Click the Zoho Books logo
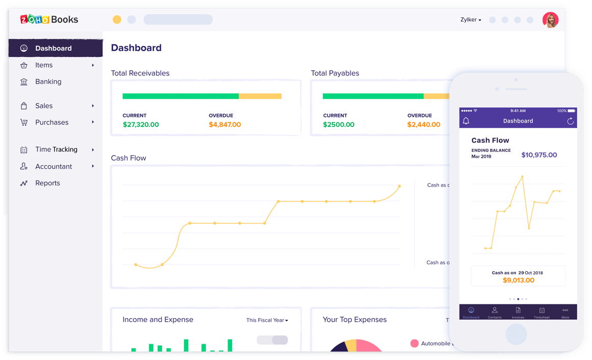pos(49,19)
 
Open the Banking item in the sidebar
pos(48,82)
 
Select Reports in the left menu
pos(47,183)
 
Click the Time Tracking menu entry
pos(56,149)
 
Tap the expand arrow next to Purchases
pos(93,122)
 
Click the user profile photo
pos(550,20)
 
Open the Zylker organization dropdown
pos(471,20)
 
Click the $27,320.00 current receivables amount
pos(141,124)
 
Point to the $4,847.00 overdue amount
pos(225,124)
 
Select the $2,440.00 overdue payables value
pos(424,124)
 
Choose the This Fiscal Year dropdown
pos(267,320)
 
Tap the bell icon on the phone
pos(466,121)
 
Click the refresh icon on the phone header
pos(570,121)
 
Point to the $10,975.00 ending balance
pos(539,155)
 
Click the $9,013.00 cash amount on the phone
pos(519,280)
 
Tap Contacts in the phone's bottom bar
pos(494,312)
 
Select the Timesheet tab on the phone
pos(542,312)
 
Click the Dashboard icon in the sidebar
pos(24,48)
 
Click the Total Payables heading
pos(335,73)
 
